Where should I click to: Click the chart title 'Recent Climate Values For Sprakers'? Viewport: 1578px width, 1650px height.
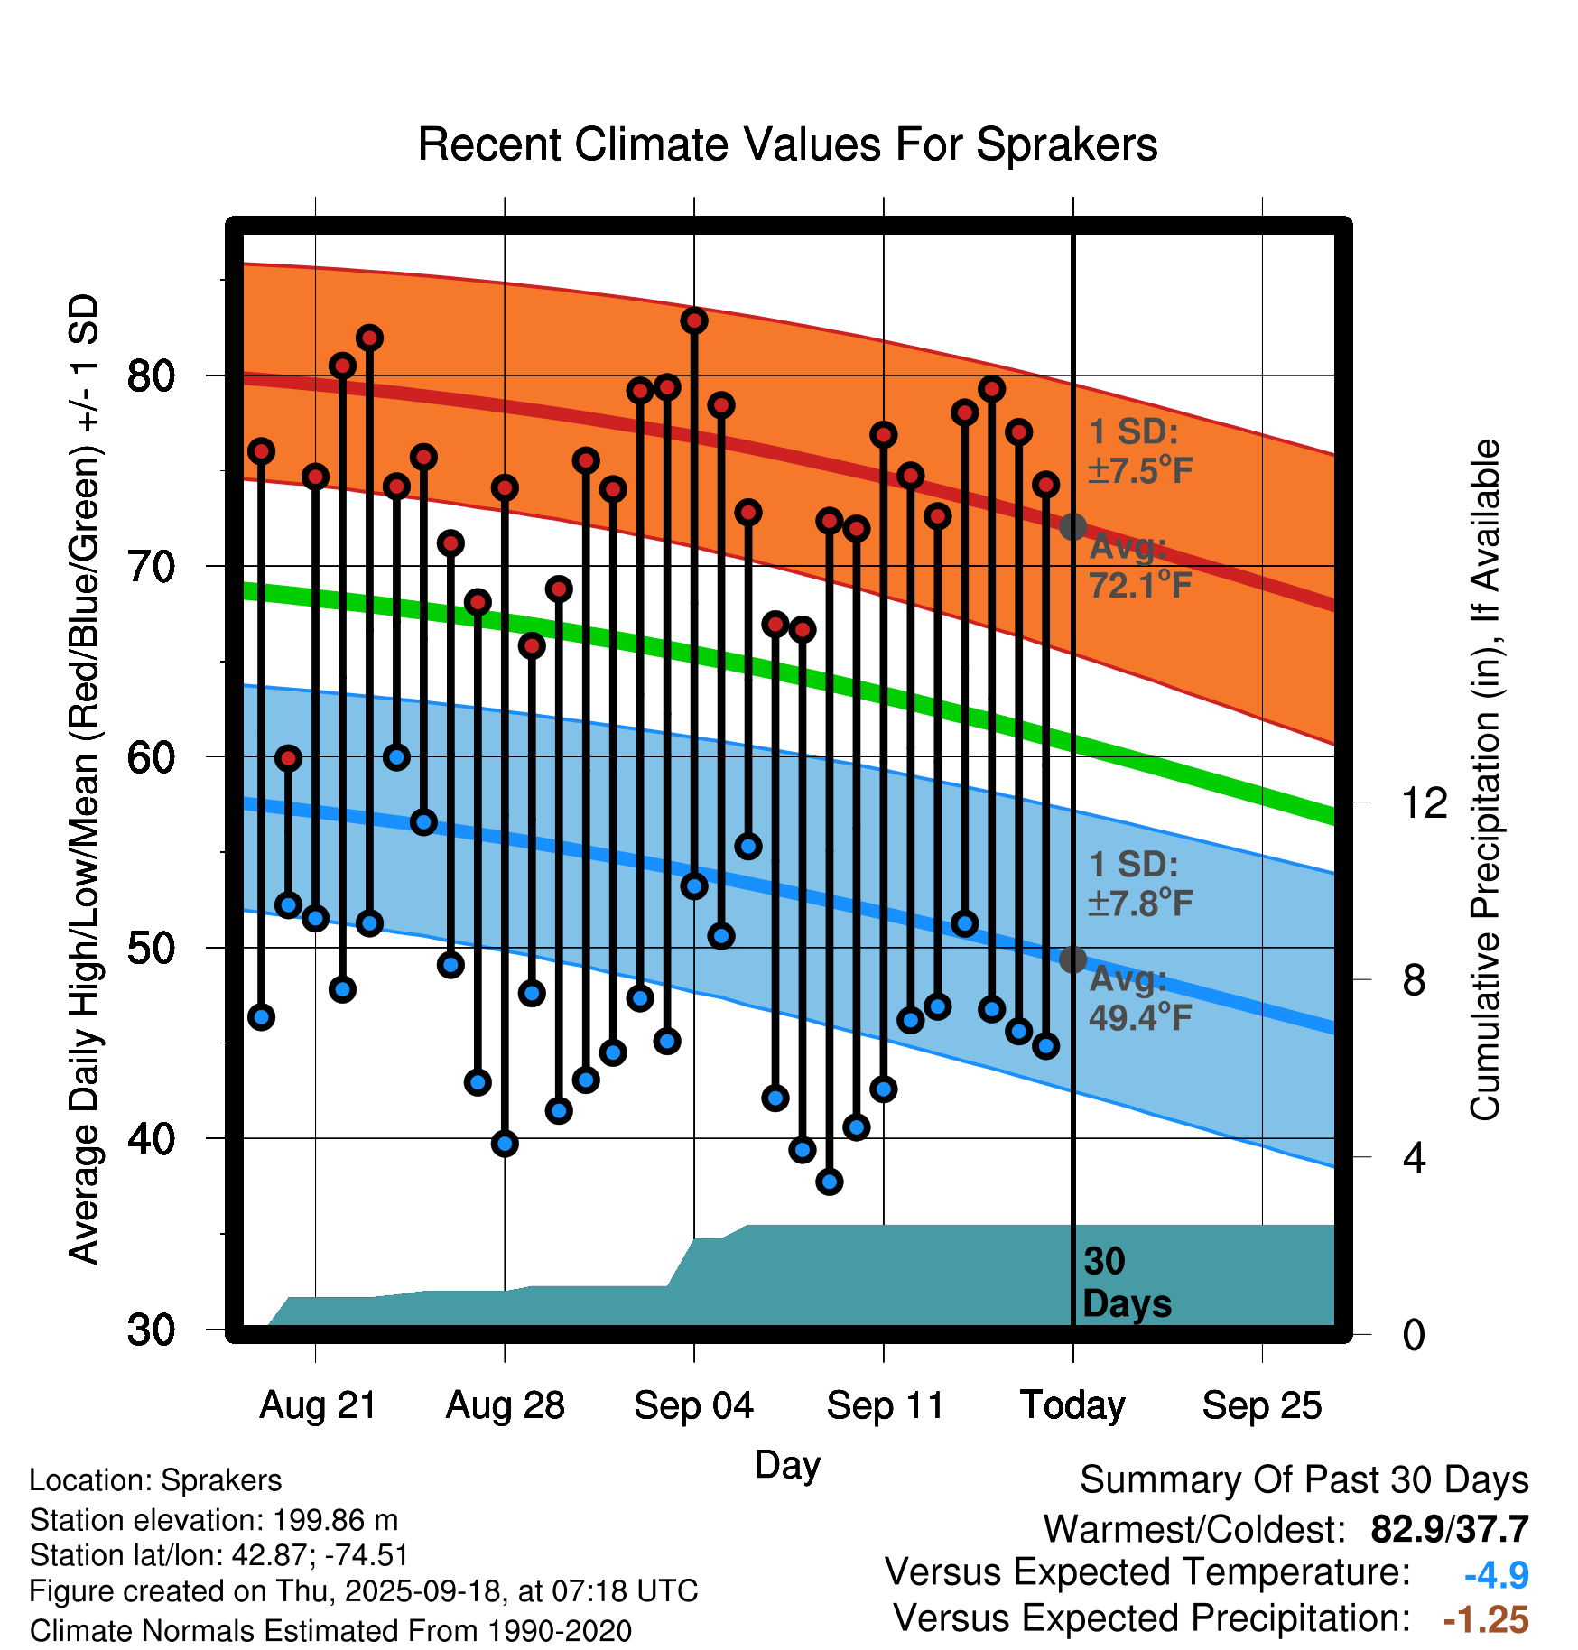[787, 144]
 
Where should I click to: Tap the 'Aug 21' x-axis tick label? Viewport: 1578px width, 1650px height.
[318, 1405]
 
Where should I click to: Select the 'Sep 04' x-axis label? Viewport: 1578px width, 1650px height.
[693, 1405]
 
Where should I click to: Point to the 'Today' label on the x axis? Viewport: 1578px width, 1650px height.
[1072, 1405]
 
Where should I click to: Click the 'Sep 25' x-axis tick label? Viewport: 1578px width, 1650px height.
[1261, 1405]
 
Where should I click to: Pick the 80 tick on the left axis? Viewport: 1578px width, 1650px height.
[151, 375]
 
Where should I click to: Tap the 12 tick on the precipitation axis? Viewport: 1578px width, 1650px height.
[1424, 802]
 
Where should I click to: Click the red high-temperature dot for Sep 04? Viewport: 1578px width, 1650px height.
[694, 320]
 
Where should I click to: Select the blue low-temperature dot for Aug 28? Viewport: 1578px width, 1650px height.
[505, 1144]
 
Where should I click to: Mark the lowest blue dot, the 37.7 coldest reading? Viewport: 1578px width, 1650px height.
[830, 1182]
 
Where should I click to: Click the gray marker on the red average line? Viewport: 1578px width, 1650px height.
[1072, 526]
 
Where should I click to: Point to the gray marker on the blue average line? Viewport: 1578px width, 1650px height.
[1072, 959]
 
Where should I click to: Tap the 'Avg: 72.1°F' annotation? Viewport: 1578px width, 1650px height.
[1139, 567]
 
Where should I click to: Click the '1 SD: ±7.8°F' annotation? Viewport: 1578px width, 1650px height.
[1139, 884]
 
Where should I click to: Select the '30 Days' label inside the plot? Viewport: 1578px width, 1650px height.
[1126, 1283]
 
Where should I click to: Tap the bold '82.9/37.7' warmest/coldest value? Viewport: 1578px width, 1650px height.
[1449, 1529]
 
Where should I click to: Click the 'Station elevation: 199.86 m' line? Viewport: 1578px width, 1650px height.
[214, 1520]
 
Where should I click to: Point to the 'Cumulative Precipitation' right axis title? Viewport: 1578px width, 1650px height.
[1485, 781]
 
